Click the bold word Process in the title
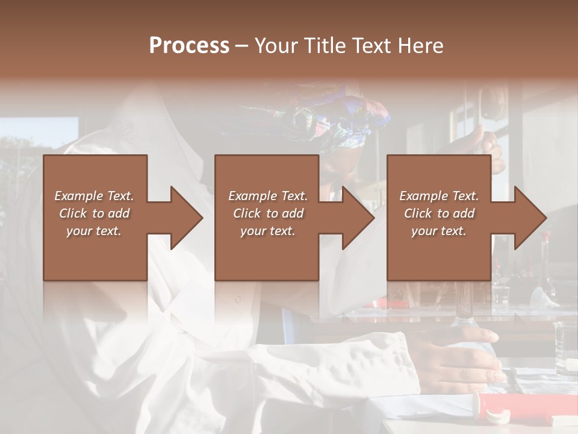[189, 46]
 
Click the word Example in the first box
[79, 196]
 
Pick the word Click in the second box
[246, 213]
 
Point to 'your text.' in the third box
[438, 231]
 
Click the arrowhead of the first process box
[181, 218]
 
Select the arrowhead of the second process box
[352, 218]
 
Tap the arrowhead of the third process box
[524, 218]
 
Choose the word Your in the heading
[275, 46]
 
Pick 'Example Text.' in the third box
[438, 196]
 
